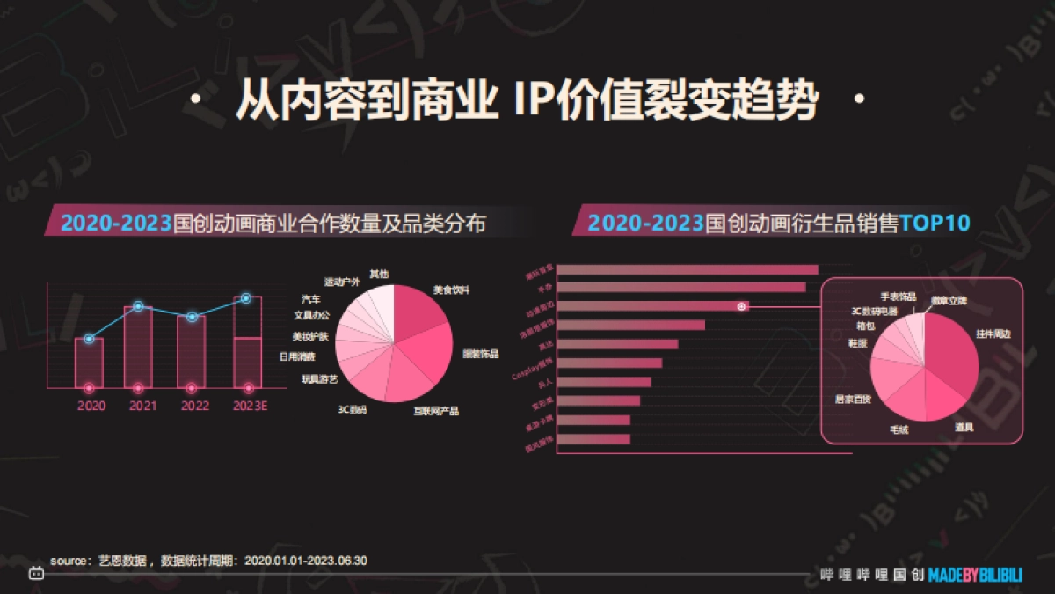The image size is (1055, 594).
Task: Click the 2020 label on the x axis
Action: coord(91,406)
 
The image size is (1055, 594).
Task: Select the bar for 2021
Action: coord(138,348)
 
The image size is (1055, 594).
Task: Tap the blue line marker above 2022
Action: coord(192,317)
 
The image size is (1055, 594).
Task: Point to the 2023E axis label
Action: coord(249,406)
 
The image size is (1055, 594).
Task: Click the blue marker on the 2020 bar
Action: coord(89,339)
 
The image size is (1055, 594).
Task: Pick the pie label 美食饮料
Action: coord(451,289)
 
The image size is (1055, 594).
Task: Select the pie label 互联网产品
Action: coord(436,411)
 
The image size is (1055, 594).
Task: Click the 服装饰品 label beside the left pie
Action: coord(480,354)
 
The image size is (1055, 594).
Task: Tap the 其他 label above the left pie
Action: coord(379,274)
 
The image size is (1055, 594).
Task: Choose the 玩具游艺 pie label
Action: coord(320,379)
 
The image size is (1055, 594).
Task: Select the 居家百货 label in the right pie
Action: coord(853,400)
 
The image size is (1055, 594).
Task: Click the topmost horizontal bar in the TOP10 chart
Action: coord(688,269)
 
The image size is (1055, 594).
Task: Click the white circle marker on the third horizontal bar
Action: coord(742,306)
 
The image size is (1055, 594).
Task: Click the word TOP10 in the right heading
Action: coord(935,223)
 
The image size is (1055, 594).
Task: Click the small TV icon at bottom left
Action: coord(36,574)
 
